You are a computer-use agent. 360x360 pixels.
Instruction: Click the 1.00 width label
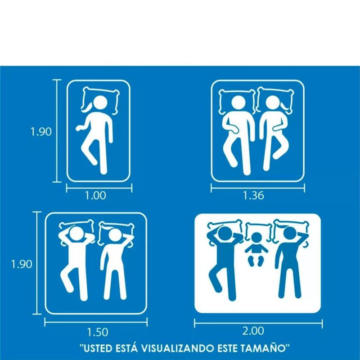point(95,196)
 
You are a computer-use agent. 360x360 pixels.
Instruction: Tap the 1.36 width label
point(253,196)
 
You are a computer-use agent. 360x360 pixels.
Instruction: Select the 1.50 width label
point(97,332)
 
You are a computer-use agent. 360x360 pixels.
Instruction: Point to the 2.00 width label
point(253,331)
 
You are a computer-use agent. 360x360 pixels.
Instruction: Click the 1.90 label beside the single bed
point(41,132)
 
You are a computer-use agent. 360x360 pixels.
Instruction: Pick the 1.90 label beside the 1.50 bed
point(22,264)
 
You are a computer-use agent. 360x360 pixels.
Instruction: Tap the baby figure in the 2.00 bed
point(256,250)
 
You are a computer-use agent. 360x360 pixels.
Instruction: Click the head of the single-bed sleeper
point(100,103)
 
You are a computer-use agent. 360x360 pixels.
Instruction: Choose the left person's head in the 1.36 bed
point(238,102)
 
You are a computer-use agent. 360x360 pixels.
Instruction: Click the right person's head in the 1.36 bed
point(273,103)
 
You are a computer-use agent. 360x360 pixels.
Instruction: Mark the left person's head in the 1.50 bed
point(76,234)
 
